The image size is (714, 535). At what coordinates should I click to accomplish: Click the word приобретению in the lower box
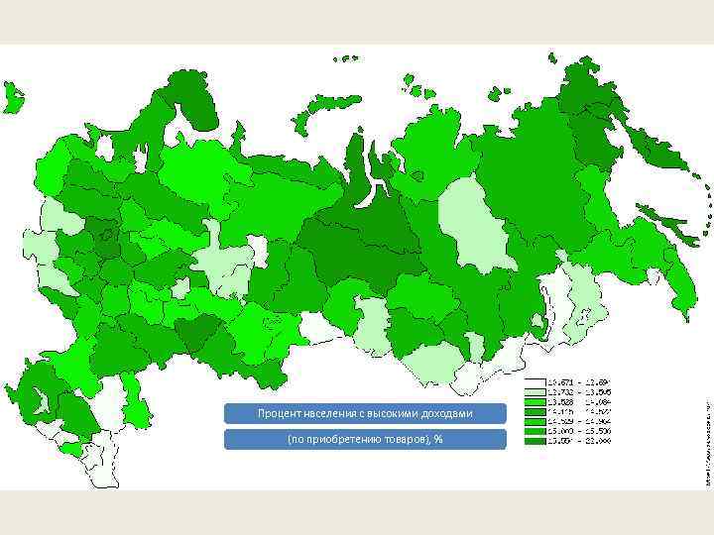[x=339, y=439]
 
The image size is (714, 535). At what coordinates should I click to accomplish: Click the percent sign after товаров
[x=437, y=439]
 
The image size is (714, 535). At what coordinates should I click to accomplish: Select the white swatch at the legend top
[x=535, y=381]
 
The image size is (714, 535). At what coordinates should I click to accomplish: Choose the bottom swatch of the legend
[x=535, y=441]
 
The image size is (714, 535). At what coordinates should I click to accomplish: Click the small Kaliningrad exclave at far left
[x=13, y=97]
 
